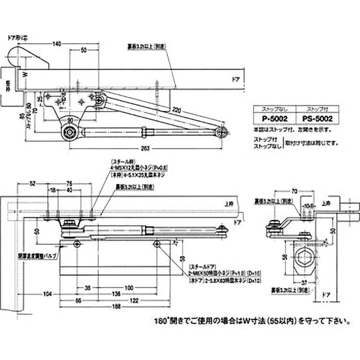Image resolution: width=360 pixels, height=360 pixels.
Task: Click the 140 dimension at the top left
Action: [56, 44]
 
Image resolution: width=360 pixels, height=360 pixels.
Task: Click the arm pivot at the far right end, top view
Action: [221, 132]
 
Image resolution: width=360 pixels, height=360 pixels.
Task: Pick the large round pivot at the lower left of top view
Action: [70, 132]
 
